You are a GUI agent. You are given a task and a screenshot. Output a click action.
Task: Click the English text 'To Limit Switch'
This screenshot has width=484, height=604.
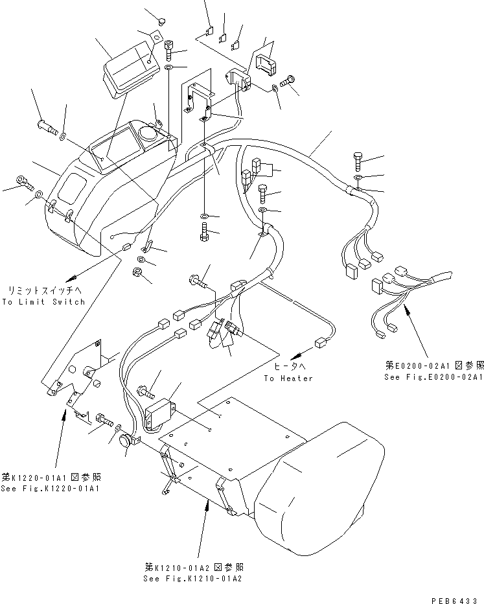click(43, 302)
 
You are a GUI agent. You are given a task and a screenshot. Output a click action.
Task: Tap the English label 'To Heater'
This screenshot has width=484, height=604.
click(288, 378)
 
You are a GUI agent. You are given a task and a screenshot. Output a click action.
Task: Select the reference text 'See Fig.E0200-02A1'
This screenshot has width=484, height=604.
click(433, 376)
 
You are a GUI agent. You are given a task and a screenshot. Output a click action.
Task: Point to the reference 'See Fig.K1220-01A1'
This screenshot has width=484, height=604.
click(51, 488)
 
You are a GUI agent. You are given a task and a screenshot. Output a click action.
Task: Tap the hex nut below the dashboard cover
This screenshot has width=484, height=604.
click(137, 272)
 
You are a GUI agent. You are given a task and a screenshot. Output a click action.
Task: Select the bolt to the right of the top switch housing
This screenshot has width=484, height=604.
click(288, 80)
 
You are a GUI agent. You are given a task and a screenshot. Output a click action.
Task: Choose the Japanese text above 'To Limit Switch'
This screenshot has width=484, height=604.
click(43, 290)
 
